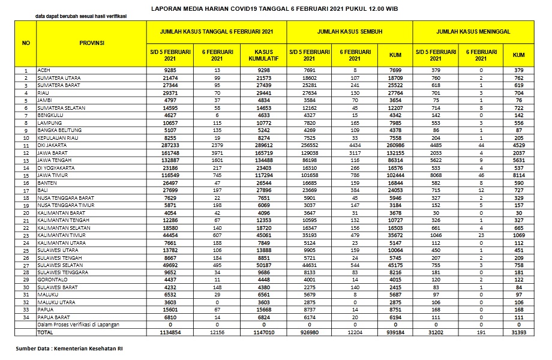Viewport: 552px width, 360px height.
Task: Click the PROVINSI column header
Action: coord(92,43)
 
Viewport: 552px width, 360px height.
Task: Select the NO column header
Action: coord(26,43)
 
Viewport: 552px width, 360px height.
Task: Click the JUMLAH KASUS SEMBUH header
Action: coord(349,31)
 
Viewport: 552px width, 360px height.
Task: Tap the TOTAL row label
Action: coord(44,331)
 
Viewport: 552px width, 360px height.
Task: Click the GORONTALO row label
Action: coord(50,279)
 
